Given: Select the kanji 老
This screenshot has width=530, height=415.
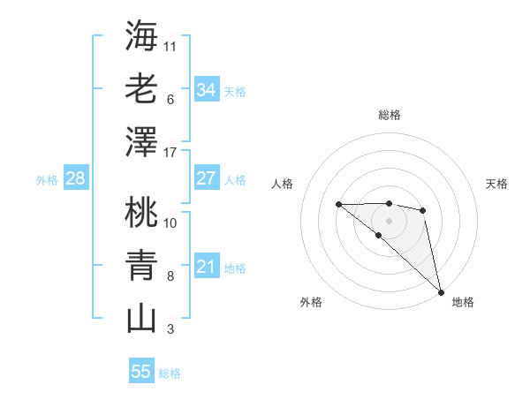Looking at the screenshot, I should click(141, 88).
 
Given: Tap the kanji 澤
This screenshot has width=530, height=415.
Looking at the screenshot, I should click(141, 141).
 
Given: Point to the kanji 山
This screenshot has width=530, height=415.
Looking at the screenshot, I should click(141, 318).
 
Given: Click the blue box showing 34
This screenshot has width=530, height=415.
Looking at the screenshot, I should click(206, 89).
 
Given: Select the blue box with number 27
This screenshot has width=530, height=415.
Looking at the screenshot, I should click(206, 178).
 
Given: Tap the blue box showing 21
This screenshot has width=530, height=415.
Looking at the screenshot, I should click(206, 267).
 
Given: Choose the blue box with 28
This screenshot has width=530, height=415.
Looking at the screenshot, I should click(75, 178).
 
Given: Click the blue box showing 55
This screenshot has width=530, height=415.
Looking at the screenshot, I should click(141, 372).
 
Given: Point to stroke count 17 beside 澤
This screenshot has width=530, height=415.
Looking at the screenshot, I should click(170, 152).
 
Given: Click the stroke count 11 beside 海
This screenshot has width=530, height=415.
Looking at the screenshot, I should click(170, 45).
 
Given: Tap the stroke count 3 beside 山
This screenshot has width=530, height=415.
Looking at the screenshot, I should click(170, 330).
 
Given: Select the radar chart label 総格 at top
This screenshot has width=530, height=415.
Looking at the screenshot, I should click(389, 115).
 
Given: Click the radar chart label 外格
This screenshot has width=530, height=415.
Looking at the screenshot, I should click(311, 302).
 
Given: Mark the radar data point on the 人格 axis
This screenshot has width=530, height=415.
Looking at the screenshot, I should click(338, 205).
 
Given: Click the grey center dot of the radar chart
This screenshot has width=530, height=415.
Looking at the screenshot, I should click(389, 220).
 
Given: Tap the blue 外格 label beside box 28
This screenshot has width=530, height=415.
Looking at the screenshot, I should click(47, 179).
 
